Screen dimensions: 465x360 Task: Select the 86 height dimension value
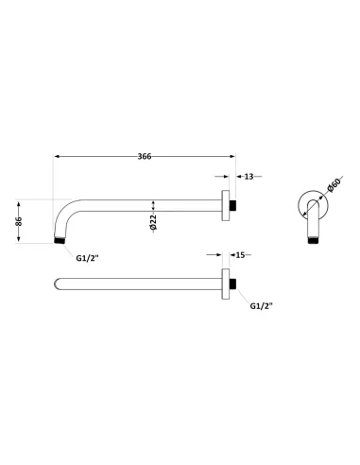(x=19, y=221)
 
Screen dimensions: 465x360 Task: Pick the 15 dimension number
(x=241, y=254)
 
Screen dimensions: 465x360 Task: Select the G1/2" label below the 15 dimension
(x=262, y=306)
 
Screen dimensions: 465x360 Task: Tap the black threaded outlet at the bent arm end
(x=61, y=242)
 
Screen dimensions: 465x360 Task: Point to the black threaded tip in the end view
(x=311, y=242)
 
